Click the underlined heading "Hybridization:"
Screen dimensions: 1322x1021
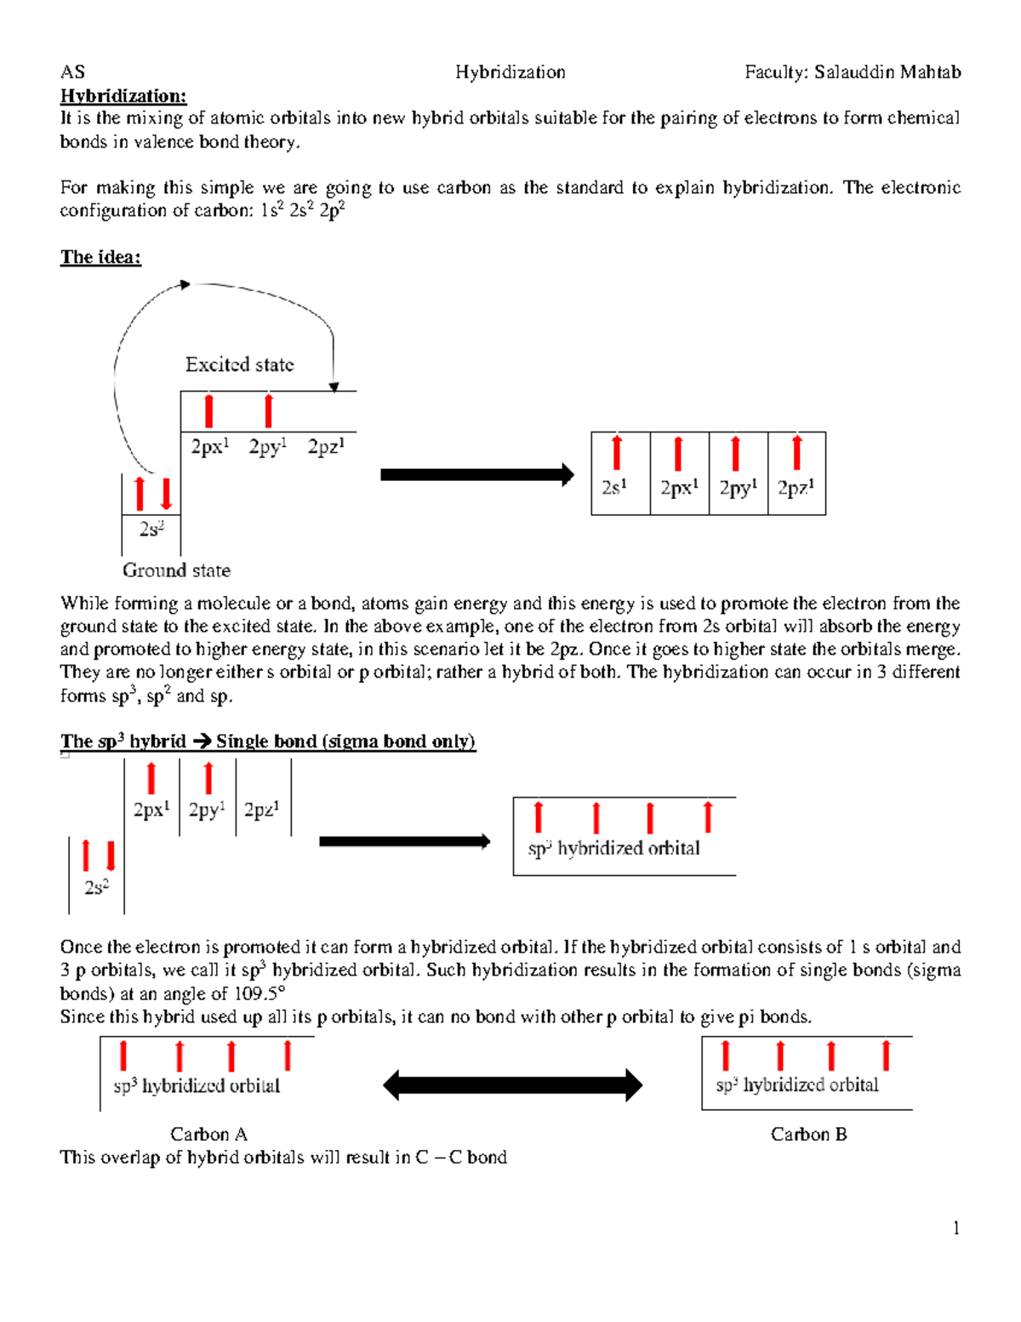pyautogui.click(x=123, y=95)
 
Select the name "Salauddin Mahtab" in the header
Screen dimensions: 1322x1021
pyautogui.click(x=887, y=72)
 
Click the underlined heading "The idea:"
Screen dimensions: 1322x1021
pyautogui.click(x=100, y=257)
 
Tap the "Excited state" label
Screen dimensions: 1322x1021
pyautogui.click(x=240, y=365)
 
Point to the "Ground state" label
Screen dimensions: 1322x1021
pyautogui.click(x=176, y=570)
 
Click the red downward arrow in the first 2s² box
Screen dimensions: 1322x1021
pyautogui.click(x=166, y=494)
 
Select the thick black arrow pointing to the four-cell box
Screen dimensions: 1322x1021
pyautogui.click(x=476, y=475)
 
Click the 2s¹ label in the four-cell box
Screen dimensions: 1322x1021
pyautogui.click(x=614, y=488)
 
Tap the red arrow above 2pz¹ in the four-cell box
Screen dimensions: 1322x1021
pyautogui.click(x=796, y=453)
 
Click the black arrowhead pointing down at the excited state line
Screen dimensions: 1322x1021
pyautogui.click(x=334, y=387)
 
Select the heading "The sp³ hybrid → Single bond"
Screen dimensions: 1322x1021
pyautogui.click(x=267, y=741)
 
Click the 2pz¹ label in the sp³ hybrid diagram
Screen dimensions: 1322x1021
pyautogui.click(x=261, y=810)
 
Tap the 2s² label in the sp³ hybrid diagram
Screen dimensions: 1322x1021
pyautogui.click(x=96, y=887)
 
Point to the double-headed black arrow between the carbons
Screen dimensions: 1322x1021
pyautogui.click(x=512, y=1085)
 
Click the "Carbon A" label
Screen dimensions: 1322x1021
pyautogui.click(x=208, y=1134)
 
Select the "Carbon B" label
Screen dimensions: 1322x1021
pyautogui.click(x=808, y=1134)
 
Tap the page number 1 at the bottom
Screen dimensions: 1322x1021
pyautogui.click(x=956, y=1228)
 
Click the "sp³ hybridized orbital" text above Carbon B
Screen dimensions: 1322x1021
pyautogui.click(x=797, y=1085)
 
